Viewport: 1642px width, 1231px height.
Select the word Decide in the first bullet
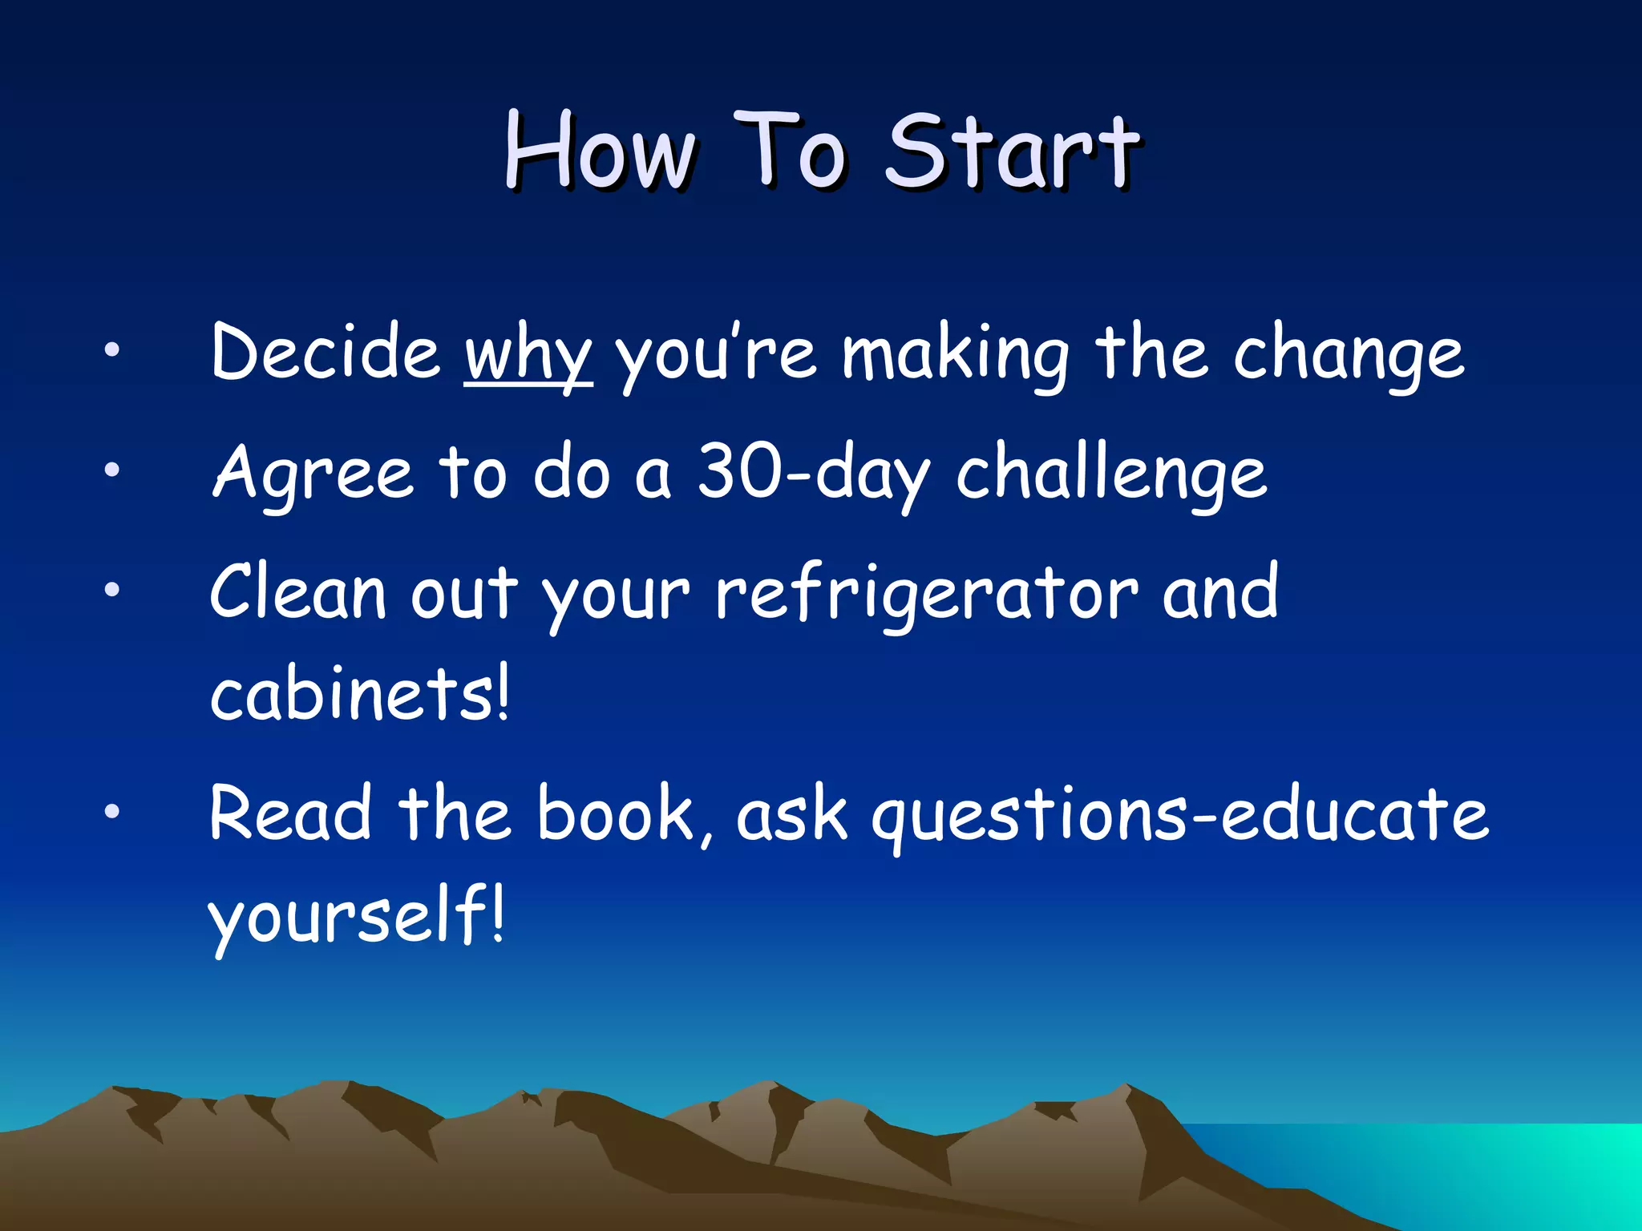326,353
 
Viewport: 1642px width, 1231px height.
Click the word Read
290,814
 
